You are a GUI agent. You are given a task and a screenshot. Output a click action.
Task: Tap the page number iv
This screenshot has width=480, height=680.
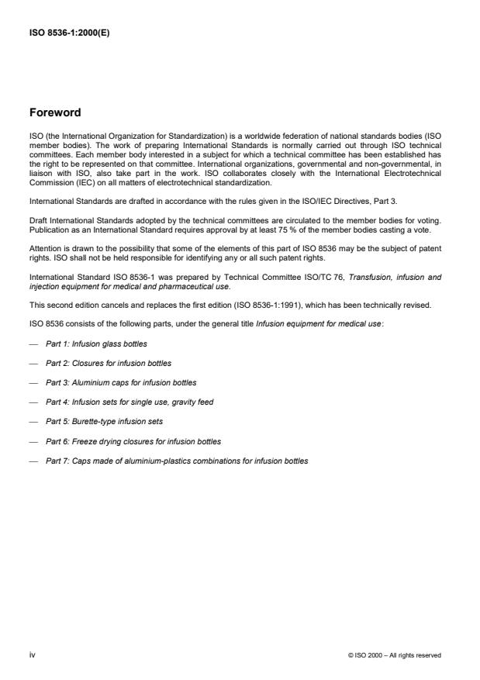(x=33, y=654)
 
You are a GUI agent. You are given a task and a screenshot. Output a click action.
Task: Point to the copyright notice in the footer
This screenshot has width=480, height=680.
(x=395, y=655)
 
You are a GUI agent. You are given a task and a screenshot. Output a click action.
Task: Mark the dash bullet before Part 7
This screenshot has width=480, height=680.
(x=33, y=461)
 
